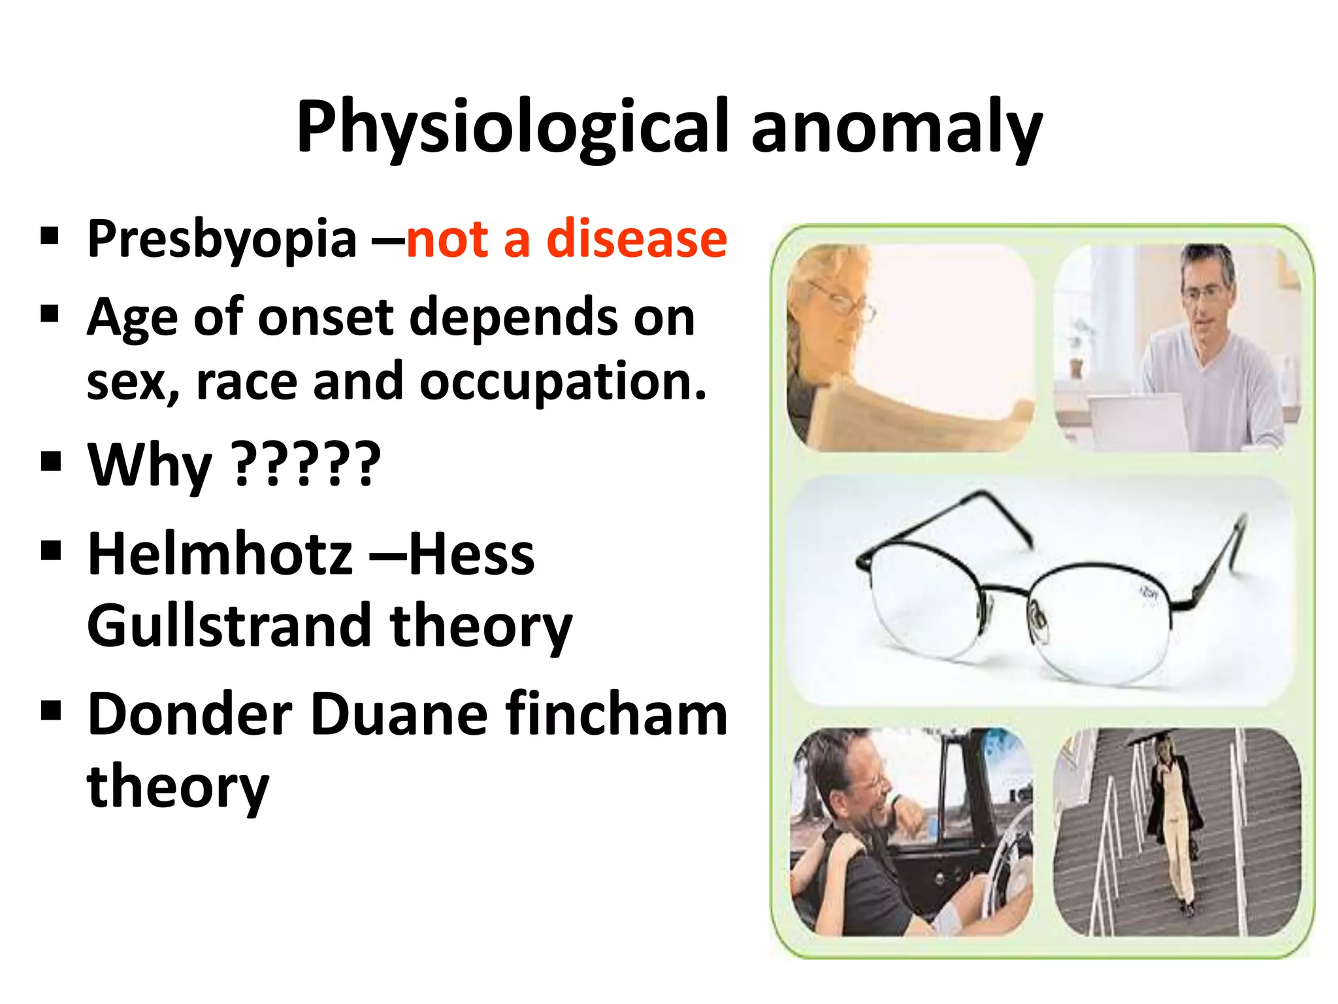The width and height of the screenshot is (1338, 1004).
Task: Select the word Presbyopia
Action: (x=222, y=239)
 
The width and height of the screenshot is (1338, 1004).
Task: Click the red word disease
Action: (x=636, y=238)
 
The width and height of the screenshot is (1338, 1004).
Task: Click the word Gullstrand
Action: (x=229, y=626)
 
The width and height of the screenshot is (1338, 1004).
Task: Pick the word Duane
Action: (x=399, y=714)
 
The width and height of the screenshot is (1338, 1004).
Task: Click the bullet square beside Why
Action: (x=50, y=461)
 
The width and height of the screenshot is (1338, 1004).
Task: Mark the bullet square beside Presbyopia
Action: (x=50, y=235)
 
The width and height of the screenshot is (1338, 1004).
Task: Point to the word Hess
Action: (x=471, y=554)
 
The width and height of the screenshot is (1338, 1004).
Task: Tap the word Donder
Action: (x=190, y=714)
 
